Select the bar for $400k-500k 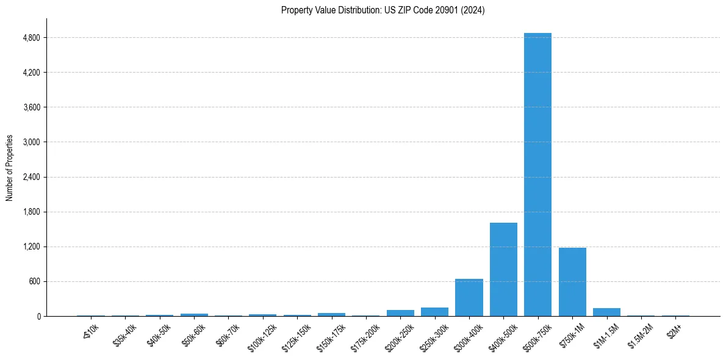[503, 270]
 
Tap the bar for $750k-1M [572, 282]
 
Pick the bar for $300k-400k [469, 298]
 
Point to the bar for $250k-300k [434, 312]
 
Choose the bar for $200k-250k [400, 313]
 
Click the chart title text [383, 10]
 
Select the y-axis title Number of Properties [10, 168]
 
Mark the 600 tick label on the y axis [34, 282]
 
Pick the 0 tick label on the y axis [38, 317]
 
